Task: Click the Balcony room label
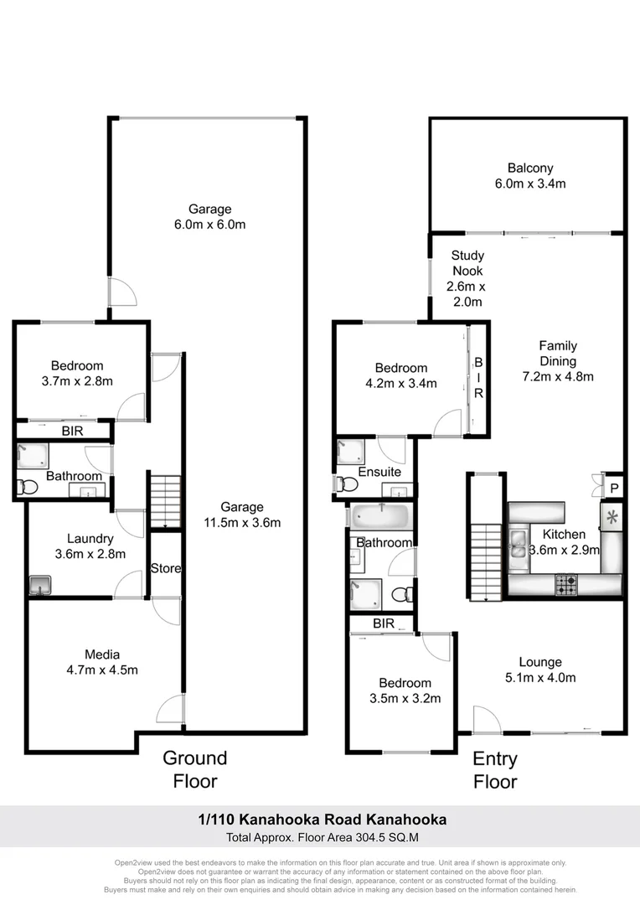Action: tap(529, 168)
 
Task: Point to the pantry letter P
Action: tap(614, 489)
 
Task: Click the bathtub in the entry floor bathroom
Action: tap(380, 515)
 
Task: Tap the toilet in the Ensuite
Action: tap(343, 484)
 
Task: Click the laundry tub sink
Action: tap(39, 585)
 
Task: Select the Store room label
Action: tap(165, 569)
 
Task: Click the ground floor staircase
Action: tap(165, 501)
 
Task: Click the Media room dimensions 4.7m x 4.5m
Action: tap(101, 670)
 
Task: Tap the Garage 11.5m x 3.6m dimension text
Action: tap(242, 523)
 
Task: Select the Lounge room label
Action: tap(540, 662)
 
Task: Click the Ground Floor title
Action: tap(194, 769)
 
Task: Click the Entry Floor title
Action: tap(495, 770)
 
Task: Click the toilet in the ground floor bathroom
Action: tap(28, 487)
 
